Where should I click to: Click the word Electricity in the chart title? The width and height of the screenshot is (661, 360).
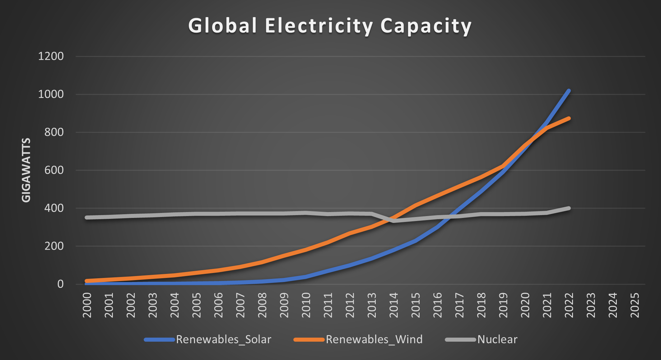[319, 25]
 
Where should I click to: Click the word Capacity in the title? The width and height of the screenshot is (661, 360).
[426, 26]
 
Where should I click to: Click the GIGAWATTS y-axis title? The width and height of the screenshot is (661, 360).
[26, 170]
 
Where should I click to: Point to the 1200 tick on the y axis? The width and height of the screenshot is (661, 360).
[51, 56]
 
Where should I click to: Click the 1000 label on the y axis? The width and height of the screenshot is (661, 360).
[51, 94]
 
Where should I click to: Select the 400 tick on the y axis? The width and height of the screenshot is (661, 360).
[54, 208]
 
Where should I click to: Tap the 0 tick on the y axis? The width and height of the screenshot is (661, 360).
[60, 284]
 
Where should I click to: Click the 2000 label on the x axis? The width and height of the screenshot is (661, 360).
[87, 305]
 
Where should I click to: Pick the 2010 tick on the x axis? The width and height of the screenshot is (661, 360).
[306, 305]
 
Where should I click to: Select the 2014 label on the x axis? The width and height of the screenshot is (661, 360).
[394, 305]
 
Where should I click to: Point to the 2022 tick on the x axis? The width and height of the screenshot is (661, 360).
[569, 305]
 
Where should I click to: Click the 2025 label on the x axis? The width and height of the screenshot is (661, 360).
[635, 305]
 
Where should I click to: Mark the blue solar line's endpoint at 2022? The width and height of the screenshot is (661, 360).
[569, 91]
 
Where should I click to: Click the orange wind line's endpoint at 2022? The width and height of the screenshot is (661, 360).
[569, 118]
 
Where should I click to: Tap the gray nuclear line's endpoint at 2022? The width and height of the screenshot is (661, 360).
[569, 208]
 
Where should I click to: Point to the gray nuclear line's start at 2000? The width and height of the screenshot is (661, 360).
[87, 217]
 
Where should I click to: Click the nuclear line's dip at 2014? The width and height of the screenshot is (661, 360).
[394, 221]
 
